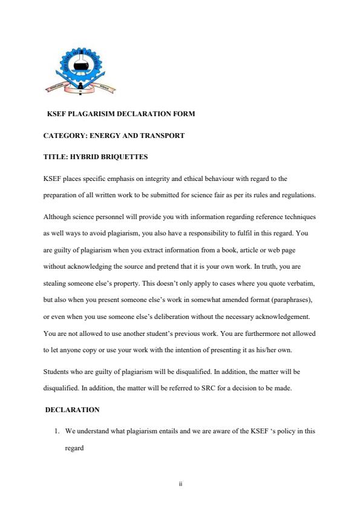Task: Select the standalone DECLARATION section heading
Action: [72, 410]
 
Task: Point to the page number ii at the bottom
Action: [180, 484]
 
